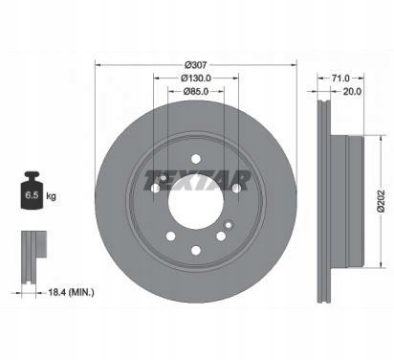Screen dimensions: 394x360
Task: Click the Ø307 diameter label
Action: tap(196, 65)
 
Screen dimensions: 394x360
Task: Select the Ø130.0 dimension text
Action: tap(196, 78)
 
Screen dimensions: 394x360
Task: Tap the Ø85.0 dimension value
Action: tap(196, 91)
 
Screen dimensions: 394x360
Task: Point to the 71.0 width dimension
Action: tap(340, 78)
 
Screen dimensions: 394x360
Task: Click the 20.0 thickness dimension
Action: tap(352, 92)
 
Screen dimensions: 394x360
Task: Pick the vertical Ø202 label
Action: tap(382, 201)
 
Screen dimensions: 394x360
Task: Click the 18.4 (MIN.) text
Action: tap(71, 292)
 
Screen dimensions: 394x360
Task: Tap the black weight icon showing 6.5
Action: tap(32, 191)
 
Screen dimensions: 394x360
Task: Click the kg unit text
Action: tap(51, 195)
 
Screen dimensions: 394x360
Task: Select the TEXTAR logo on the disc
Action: tap(197, 180)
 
